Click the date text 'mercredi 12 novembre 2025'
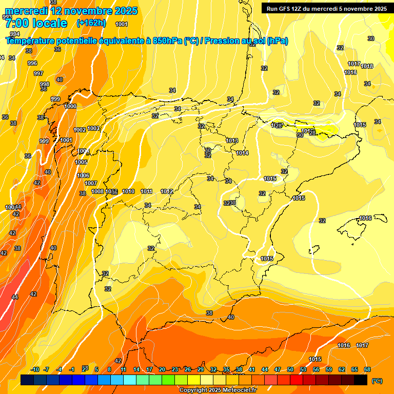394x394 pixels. [x=71, y=11]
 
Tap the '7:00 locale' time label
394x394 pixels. [x=36, y=23]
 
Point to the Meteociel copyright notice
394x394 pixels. [x=218, y=390]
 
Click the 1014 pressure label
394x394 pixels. [x=242, y=153]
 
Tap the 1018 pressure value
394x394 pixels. [x=367, y=66]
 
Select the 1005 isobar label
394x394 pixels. [x=81, y=162]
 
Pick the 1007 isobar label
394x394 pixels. [x=91, y=183]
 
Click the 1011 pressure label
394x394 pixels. [x=147, y=191]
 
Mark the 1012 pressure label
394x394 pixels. [x=167, y=191]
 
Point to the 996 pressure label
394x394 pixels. [x=32, y=63]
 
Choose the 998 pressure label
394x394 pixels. [x=45, y=84]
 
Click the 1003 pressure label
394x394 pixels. [x=93, y=128]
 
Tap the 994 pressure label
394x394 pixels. [x=15, y=34]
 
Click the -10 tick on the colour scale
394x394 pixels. [x=35, y=369]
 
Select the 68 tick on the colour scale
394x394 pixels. [x=367, y=369]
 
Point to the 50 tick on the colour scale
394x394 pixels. [x=290, y=369]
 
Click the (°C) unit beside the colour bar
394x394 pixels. [x=377, y=381]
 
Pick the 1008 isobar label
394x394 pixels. [x=97, y=191]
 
